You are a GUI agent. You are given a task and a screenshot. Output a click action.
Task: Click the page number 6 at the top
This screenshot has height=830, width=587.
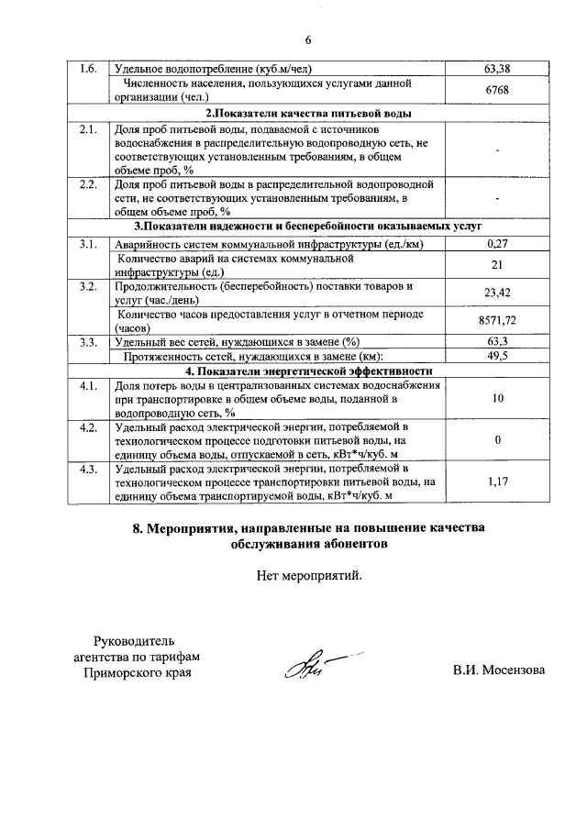pos(307,39)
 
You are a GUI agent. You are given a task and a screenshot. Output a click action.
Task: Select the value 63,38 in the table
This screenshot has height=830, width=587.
pos(496,69)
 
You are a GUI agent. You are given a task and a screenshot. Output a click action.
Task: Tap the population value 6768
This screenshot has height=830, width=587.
pos(496,90)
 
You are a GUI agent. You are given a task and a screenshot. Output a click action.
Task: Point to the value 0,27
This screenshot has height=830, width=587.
pos(496,244)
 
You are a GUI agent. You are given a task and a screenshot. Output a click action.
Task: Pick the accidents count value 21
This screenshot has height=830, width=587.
pos(496,266)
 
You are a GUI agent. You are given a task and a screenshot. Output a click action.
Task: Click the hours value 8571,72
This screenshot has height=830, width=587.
pos(496,321)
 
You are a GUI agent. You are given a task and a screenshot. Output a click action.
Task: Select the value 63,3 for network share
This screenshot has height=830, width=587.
pos(496,342)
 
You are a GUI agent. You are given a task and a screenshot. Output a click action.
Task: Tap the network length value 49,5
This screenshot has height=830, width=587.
pos(496,356)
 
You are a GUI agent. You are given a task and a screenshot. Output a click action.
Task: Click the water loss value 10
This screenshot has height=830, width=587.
pos(496,399)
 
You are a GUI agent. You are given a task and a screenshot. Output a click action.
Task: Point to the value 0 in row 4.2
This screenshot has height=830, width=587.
pos(496,440)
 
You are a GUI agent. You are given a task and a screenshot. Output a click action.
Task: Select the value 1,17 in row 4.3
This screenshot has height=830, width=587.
pos(496,481)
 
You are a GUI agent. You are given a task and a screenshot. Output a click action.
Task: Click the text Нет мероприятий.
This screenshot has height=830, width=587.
pos(309,577)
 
